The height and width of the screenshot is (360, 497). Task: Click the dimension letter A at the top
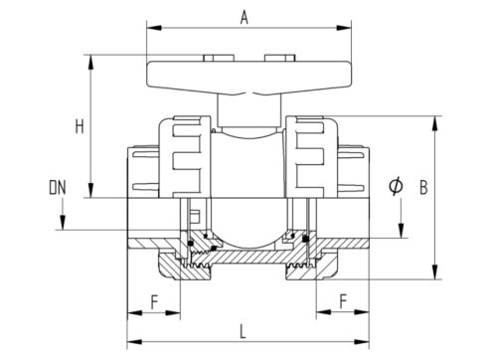pyautogui.click(x=244, y=18)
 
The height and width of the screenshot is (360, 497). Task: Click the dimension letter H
pyautogui.click(x=80, y=126)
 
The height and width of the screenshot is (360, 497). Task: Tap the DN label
pyautogui.click(x=58, y=188)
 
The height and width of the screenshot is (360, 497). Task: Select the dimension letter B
pyautogui.click(x=423, y=187)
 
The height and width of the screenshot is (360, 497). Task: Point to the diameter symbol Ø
pyautogui.click(x=396, y=186)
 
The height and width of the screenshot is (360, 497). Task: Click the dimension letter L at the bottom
pyautogui.click(x=243, y=332)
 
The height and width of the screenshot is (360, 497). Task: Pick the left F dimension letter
pyautogui.click(x=154, y=302)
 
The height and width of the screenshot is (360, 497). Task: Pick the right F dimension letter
pyautogui.click(x=343, y=301)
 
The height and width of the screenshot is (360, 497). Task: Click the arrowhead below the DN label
pyautogui.click(x=62, y=222)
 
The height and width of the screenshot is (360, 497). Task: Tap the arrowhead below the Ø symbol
pyautogui.click(x=401, y=231)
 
